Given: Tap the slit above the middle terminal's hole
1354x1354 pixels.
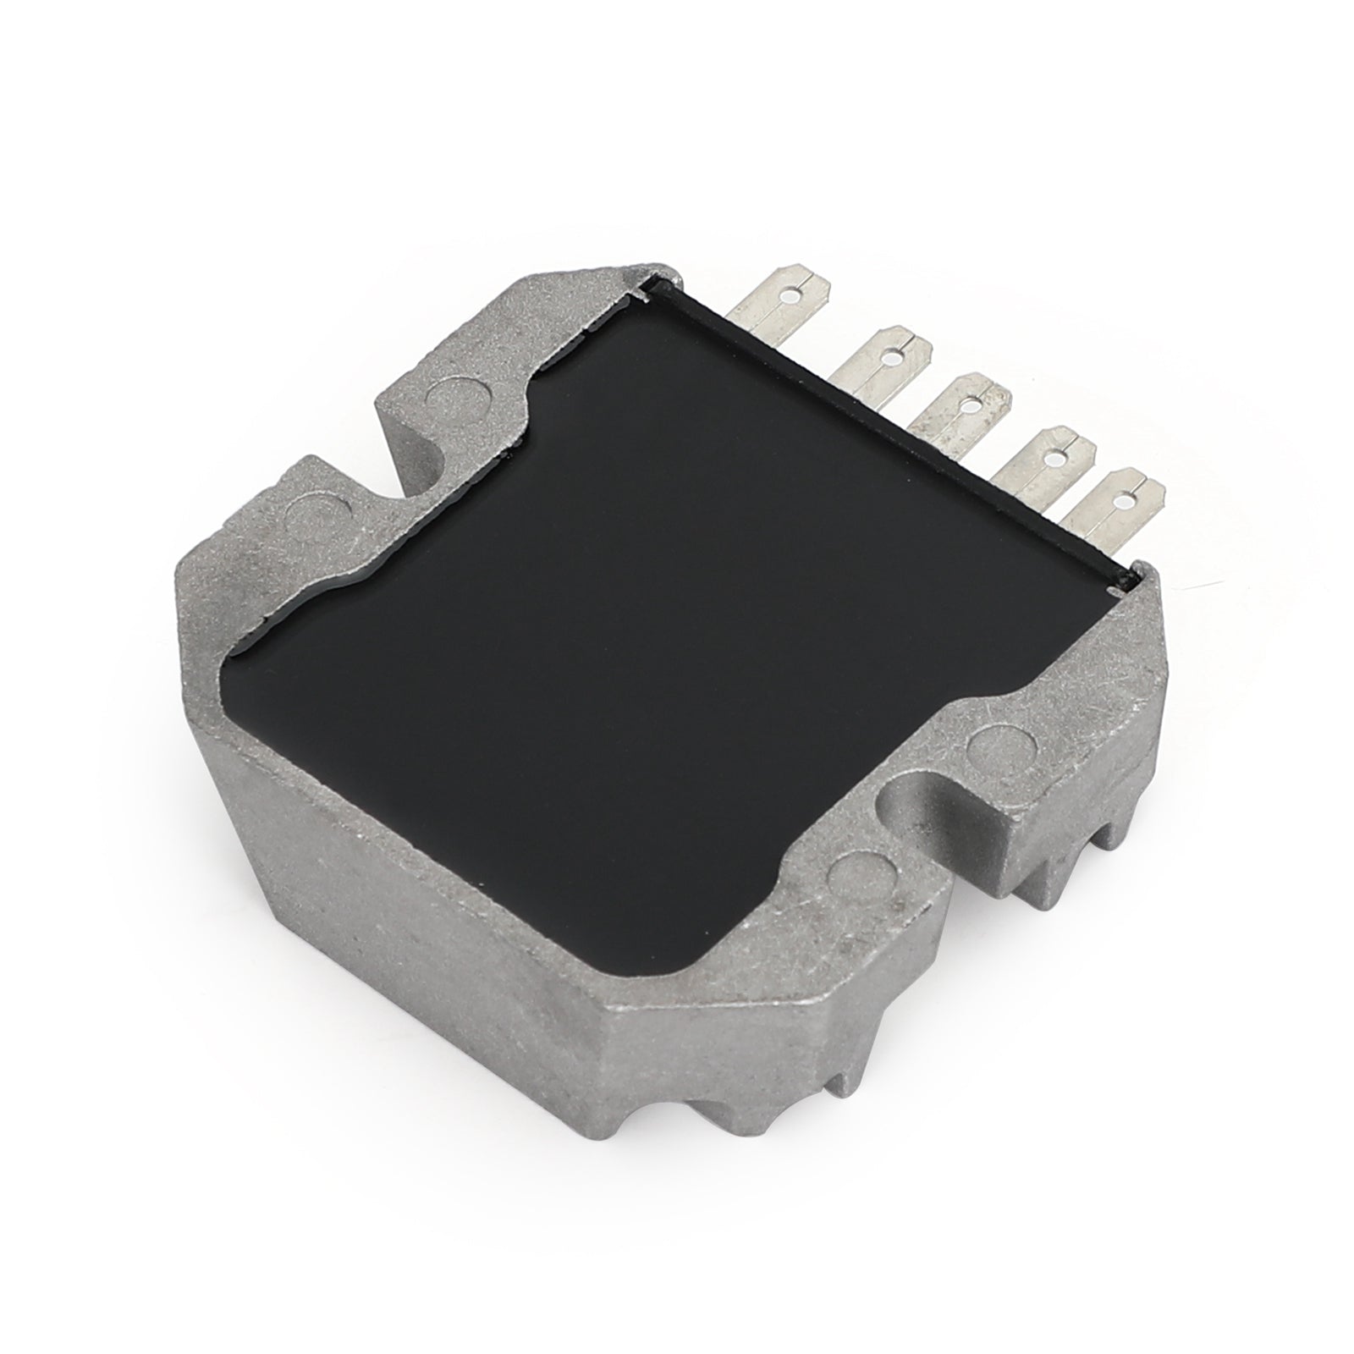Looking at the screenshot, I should [982, 390].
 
